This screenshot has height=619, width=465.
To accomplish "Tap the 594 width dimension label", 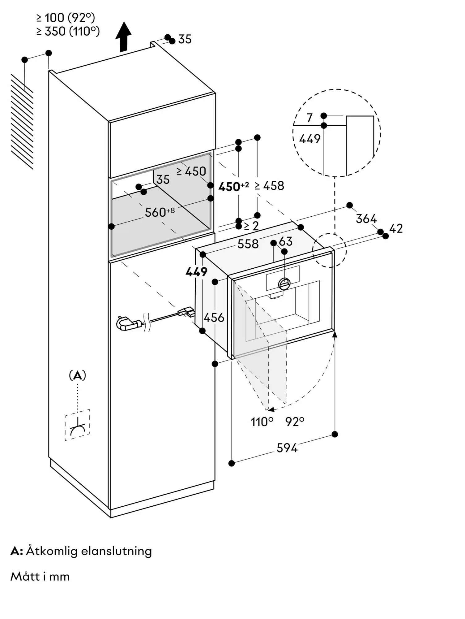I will (287, 448).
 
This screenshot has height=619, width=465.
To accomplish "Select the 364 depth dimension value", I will (366, 219).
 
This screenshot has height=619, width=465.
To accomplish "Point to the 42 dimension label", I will (396, 228).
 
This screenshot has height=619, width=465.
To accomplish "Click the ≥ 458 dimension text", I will (269, 186).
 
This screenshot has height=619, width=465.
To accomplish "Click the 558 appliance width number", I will (248, 244).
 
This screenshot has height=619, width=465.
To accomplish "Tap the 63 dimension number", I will (285, 241).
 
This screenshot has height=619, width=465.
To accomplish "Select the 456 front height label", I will (214, 317).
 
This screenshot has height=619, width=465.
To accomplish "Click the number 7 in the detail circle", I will (310, 118).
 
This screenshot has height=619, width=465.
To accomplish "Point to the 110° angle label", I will (262, 422).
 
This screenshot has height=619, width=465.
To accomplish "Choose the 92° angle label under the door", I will (295, 422).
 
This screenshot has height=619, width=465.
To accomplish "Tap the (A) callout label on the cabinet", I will (77, 376).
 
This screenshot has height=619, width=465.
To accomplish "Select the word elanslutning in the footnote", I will (116, 551).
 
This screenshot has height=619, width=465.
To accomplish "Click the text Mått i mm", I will (40, 577).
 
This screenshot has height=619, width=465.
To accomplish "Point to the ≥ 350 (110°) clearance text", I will (68, 31).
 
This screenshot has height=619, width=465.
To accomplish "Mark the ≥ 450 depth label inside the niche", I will (191, 171).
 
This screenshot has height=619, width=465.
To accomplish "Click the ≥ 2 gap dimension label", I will (251, 226).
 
